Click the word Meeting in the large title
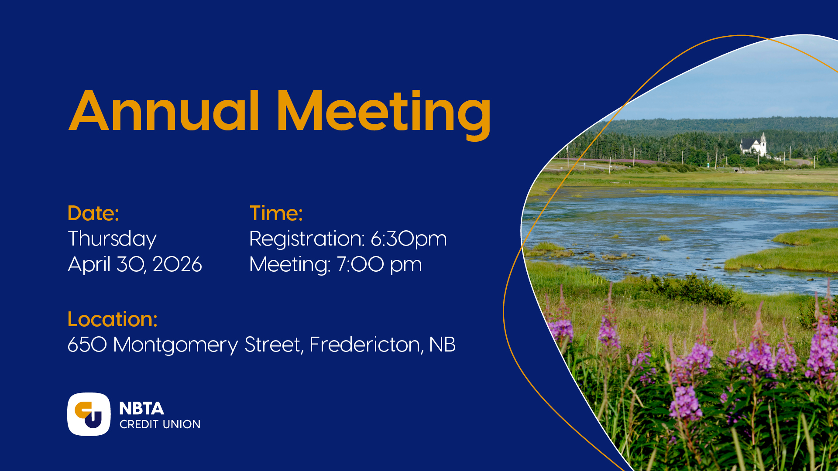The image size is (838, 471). (x=384, y=114)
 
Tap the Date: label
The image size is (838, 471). (x=93, y=213)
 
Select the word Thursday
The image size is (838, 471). (x=112, y=239)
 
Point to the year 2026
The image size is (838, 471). (x=177, y=264)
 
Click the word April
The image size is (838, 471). (x=89, y=265)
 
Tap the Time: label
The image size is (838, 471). (x=276, y=213)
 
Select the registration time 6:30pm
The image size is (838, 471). (x=409, y=239)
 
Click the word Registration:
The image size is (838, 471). (x=307, y=239)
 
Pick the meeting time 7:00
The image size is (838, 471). (x=360, y=264)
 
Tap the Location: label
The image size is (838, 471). (x=113, y=319)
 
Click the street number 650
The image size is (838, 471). (x=87, y=345)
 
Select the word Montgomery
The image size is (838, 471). (x=175, y=345)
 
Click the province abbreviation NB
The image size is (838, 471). (x=442, y=345)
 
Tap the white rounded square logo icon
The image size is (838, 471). (x=89, y=414)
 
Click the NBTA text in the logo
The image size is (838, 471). (x=141, y=409)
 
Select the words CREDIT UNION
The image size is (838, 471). (x=160, y=424)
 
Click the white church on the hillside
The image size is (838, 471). (x=753, y=144)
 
